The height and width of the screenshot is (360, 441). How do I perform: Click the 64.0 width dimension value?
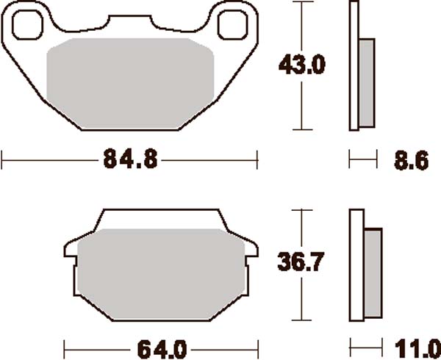pyautogui.click(x=160, y=346)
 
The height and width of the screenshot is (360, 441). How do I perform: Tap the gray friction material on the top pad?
pyautogui.click(x=130, y=81)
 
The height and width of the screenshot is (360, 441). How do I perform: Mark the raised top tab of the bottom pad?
pyautogui.click(x=159, y=218)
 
